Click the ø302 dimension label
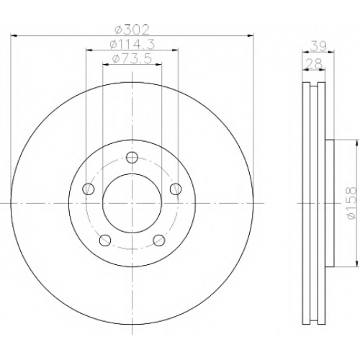pos(132,30)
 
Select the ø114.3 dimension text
pos(132,45)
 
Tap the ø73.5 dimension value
pos(132,59)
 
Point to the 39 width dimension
pos(318,46)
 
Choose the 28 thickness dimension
pos(314,64)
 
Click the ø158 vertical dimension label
pos(351,203)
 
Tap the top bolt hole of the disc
pos(132,157)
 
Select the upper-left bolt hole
pos(89,189)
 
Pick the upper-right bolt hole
pos(176,189)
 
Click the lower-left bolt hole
pos(105,240)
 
